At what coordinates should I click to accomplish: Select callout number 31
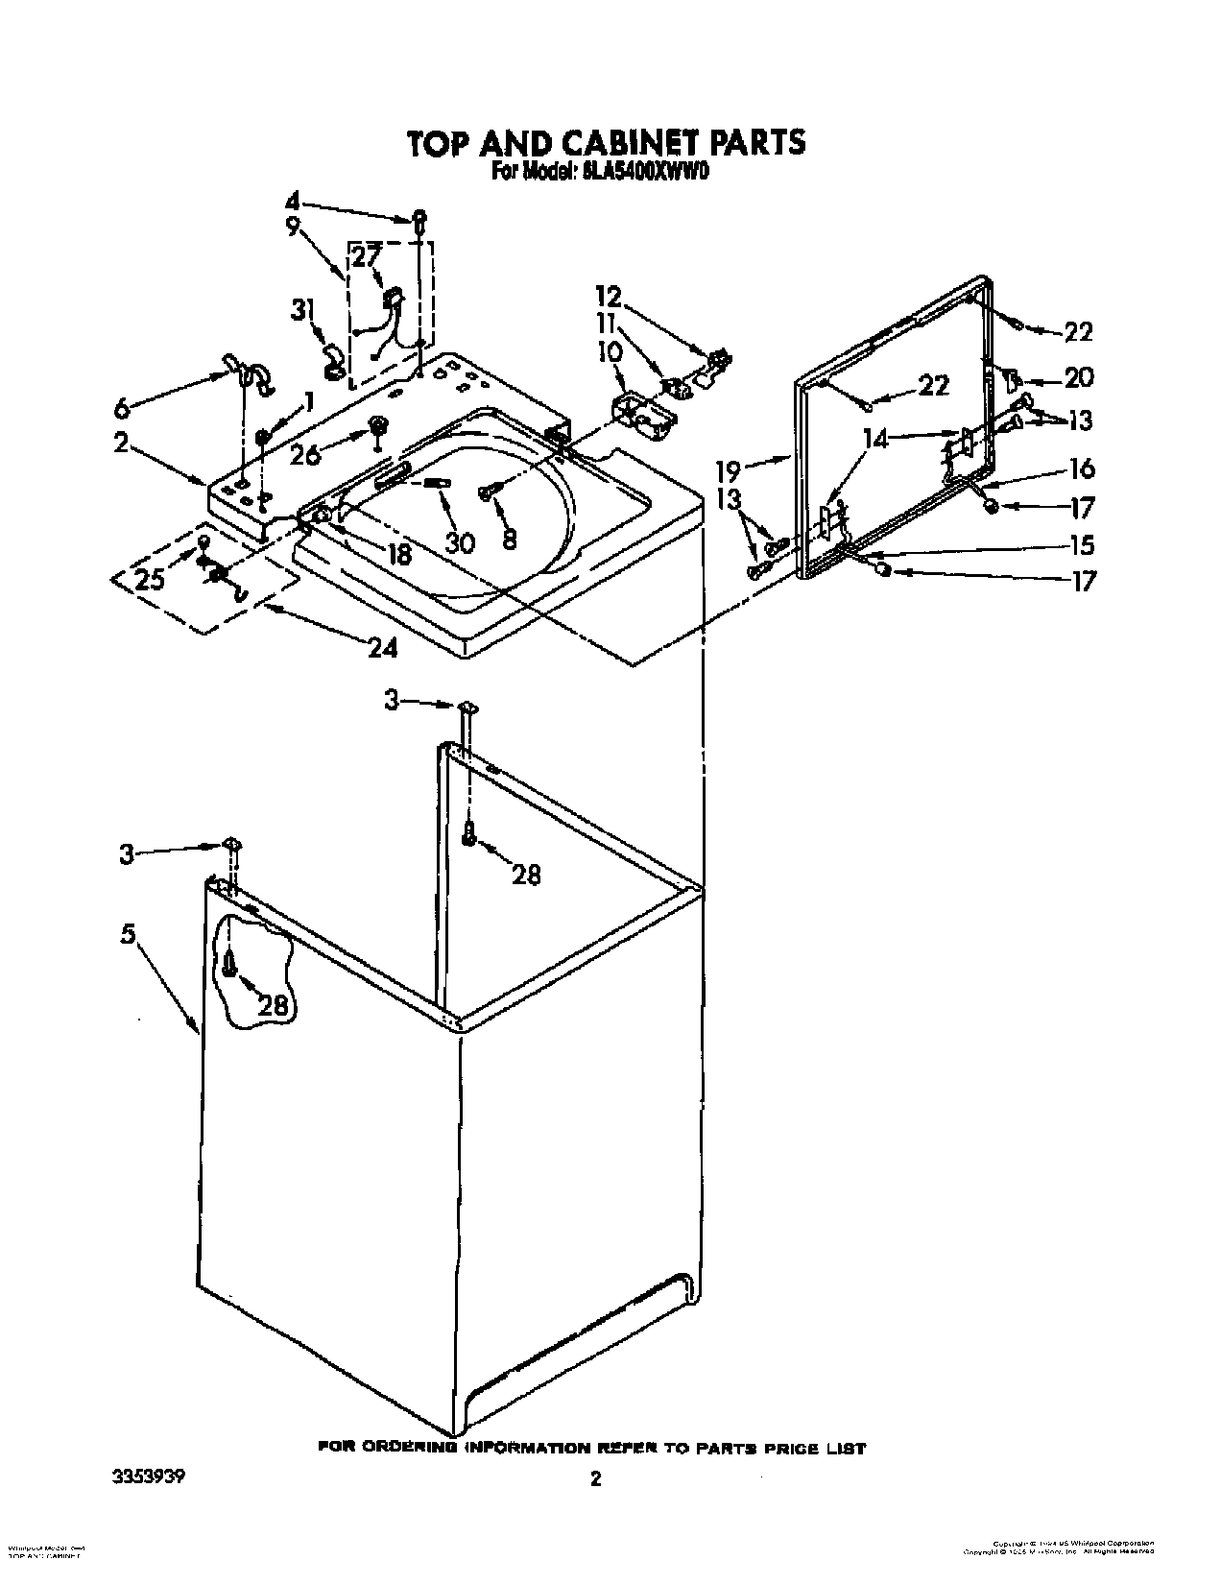(x=302, y=310)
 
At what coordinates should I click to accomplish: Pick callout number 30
(x=460, y=542)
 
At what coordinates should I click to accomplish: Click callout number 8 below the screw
(x=508, y=539)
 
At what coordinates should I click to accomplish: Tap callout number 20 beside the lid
(x=1078, y=377)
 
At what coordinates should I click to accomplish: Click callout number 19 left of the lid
(x=729, y=470)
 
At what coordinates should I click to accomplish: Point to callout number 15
(x=1081, y=544)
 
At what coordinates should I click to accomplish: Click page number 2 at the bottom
(x=595, y=1452)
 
